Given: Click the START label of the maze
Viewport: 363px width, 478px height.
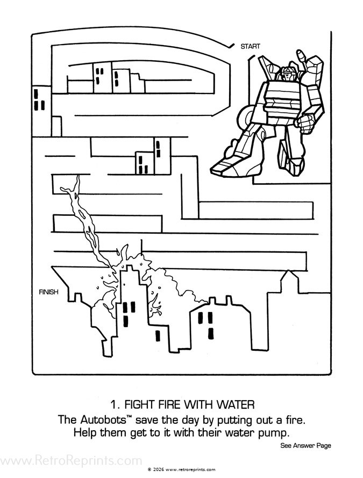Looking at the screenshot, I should [250, 47].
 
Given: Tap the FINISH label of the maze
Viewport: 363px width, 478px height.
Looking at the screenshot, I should [49, 292].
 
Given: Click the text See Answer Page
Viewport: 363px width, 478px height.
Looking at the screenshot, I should [305, 445].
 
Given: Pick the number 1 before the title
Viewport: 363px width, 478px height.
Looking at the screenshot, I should [112, 404].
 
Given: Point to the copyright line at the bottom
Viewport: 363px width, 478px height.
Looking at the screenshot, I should [181, 469].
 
